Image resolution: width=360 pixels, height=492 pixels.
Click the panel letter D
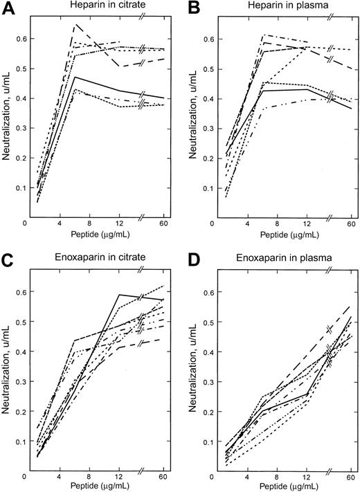pos(191,257)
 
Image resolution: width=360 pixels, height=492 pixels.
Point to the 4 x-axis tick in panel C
pos(60,476)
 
